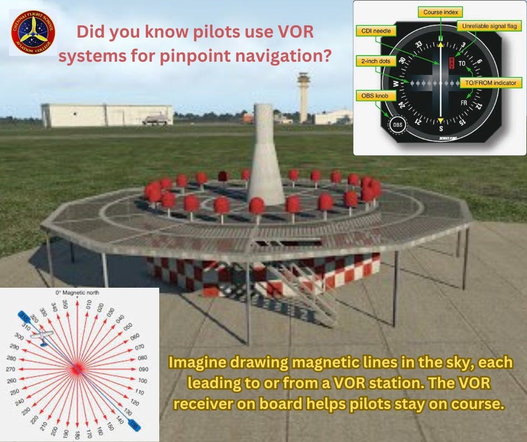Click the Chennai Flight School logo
click(x=33, y=31)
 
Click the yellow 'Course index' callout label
click(x=440, y=12)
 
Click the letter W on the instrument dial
click(x=396, y=85)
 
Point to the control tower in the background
click(x=303, y=95)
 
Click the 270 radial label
click(x=10, y=369)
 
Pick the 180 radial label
click(x=76, y=434)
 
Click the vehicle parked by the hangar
click(x=155, y=119)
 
